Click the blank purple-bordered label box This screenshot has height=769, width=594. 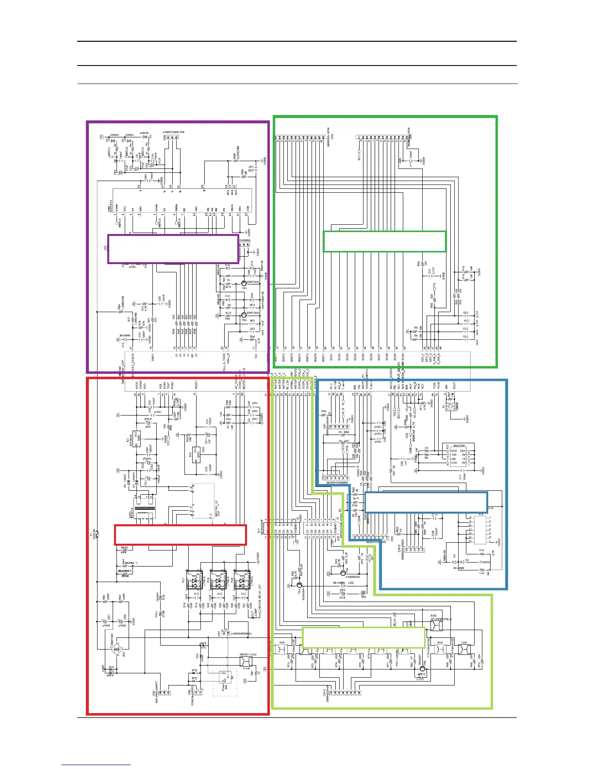point(173,249)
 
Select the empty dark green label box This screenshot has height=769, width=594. point(384,241)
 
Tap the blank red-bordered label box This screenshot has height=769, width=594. point(180,535)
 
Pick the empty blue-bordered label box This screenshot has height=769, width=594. point(426,502)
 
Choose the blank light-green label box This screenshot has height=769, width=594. point(363,637)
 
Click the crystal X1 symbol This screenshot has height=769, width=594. point(450,407)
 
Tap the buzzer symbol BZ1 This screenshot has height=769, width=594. point(368,557)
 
